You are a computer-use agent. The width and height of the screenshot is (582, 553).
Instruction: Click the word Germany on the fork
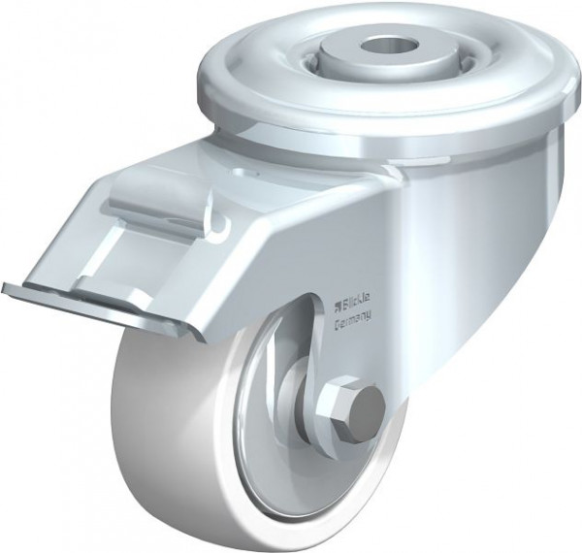[x=352, y=324]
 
